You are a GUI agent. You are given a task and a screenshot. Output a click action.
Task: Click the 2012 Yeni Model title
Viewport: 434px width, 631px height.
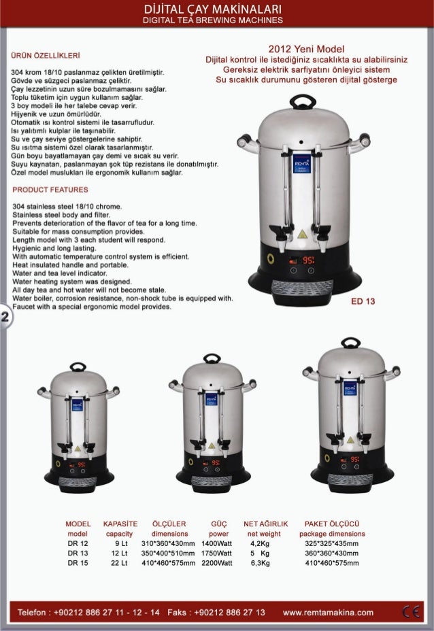click(306, 49)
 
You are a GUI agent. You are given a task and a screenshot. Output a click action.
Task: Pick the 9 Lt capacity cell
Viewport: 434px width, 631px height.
click(122, 544)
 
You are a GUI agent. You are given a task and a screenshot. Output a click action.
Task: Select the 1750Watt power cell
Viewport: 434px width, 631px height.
click(217, 553)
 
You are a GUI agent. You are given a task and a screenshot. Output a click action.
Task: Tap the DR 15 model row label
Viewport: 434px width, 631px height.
click(77, 563)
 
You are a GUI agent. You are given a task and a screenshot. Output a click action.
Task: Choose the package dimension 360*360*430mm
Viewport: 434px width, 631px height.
click(331, 553)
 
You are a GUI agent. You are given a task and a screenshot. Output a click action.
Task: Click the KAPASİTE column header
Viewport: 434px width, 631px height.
click(120, 525)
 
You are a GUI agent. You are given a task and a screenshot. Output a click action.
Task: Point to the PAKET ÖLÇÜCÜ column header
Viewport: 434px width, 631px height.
click(331, 525)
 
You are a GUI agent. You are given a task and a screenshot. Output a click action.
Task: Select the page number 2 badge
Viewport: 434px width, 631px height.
click(5, 319)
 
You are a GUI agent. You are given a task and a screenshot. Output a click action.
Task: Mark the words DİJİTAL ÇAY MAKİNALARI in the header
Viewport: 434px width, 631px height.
click(217, 8)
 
